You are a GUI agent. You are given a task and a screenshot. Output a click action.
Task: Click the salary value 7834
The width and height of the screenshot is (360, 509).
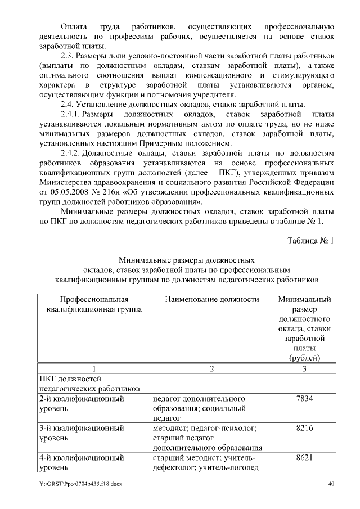click(304, 399)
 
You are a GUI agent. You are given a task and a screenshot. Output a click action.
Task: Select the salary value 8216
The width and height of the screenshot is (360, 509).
click(304, 429)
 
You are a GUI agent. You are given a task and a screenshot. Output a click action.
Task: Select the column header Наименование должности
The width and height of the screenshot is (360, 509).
click(212, 300)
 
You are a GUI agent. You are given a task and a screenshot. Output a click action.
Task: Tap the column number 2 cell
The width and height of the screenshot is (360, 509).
click(212, 369)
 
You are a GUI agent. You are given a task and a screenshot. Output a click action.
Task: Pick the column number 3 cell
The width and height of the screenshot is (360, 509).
click(304, 369)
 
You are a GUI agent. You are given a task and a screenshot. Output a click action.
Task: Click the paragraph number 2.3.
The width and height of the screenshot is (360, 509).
click(70, 57)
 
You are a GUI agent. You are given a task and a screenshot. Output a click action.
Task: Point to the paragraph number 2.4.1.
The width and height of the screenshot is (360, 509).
click(72, 115)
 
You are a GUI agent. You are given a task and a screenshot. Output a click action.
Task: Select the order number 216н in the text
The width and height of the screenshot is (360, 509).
click(112, 192)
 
